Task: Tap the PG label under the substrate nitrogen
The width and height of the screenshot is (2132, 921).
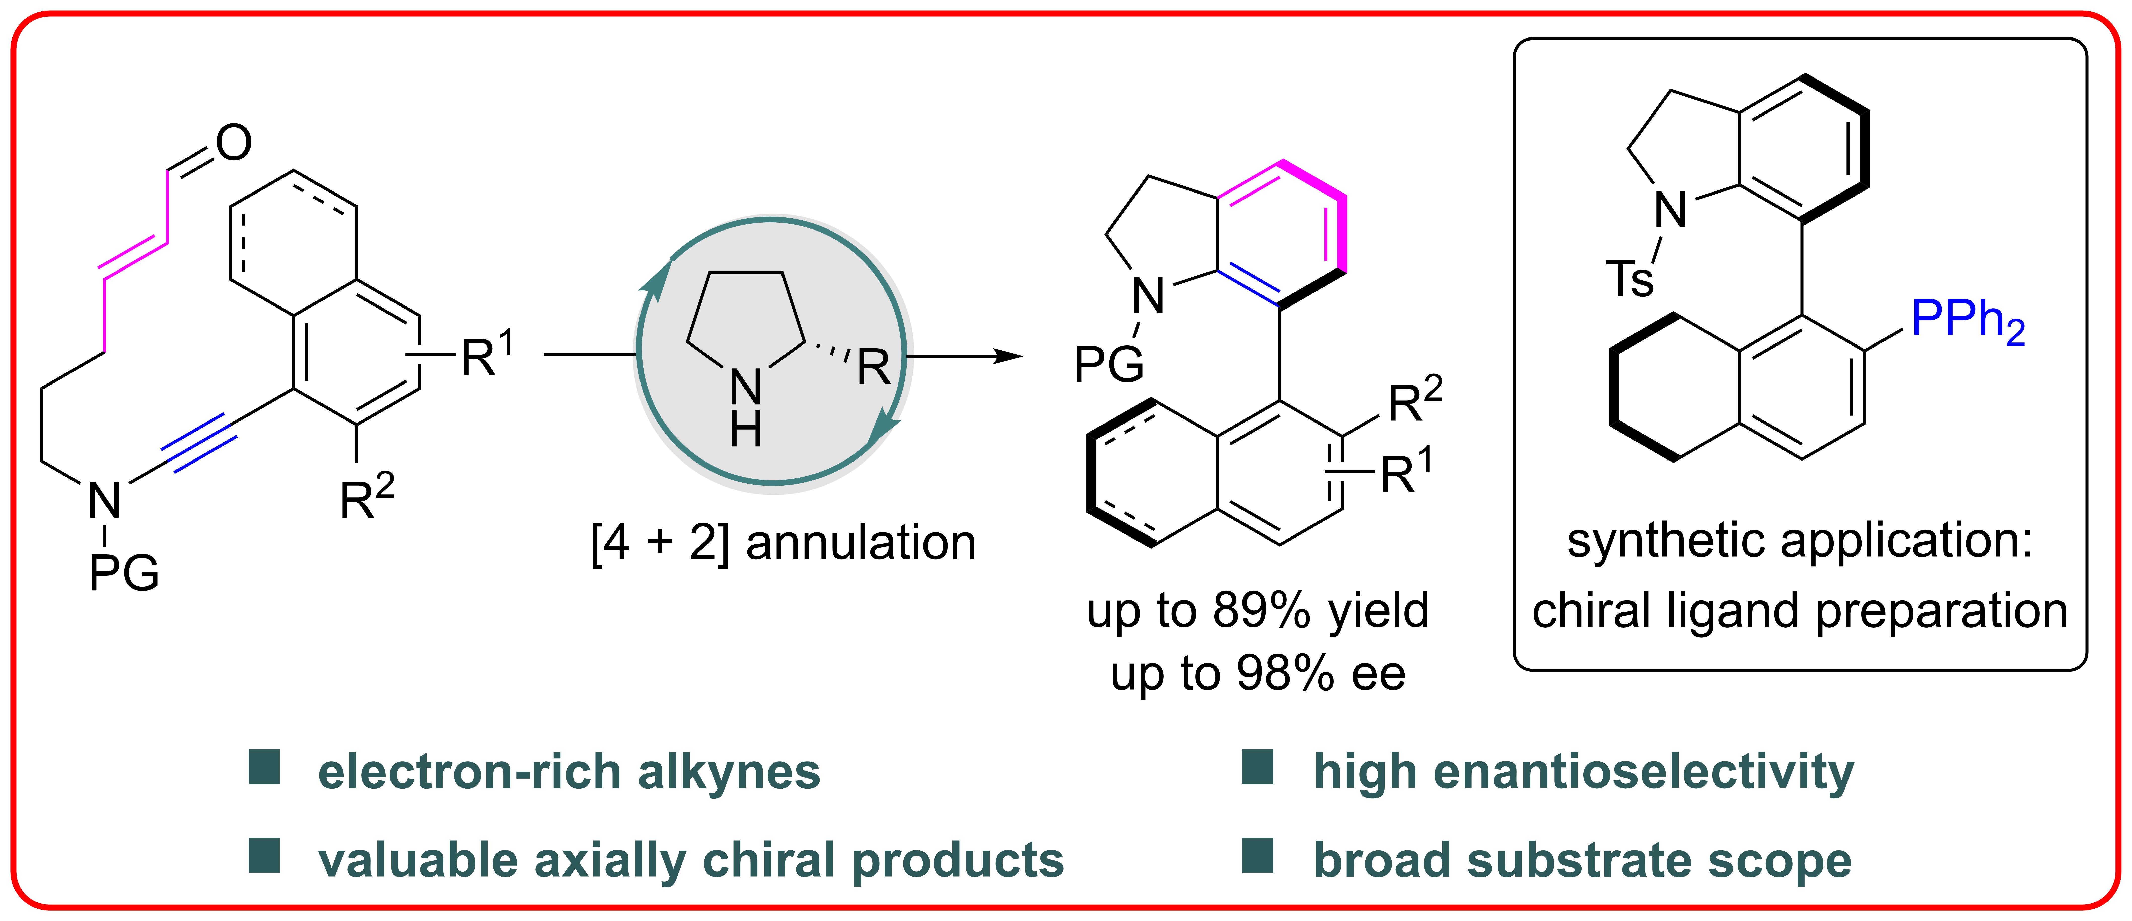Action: (x=124, y=573)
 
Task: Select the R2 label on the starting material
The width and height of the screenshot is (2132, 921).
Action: (x=367, y=498)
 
